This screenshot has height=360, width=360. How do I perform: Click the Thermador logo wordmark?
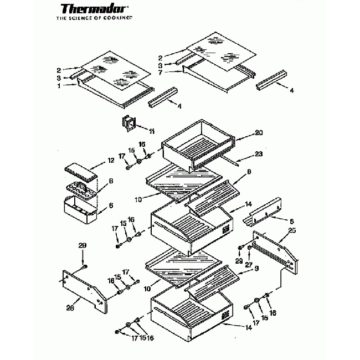tap(92, 9)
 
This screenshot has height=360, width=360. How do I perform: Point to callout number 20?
tap(243, 133)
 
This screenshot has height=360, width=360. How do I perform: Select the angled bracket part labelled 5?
tap(265, 213)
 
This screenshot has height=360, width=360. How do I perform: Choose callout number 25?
tap(292, 230)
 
